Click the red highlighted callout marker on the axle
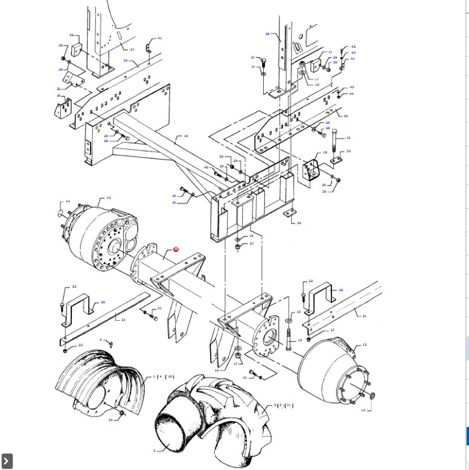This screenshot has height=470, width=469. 176,249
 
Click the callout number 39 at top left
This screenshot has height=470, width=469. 71,35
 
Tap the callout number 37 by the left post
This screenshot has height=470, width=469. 132,50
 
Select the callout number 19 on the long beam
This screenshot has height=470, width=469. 186,137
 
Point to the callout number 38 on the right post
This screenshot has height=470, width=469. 267,34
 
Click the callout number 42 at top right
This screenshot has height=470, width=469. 353,47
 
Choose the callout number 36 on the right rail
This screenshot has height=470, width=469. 346,116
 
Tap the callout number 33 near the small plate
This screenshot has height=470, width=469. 348,152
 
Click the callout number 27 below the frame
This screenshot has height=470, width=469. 252,243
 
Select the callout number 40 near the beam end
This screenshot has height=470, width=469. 206,167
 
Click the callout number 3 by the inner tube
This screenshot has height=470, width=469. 154,450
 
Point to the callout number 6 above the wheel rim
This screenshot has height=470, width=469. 101,340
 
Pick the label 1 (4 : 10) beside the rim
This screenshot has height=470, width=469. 163,377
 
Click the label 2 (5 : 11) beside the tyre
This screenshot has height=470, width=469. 283,405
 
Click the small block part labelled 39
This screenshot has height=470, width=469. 77,50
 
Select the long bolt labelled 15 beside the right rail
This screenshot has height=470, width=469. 334,143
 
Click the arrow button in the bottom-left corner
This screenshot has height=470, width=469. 7,461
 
